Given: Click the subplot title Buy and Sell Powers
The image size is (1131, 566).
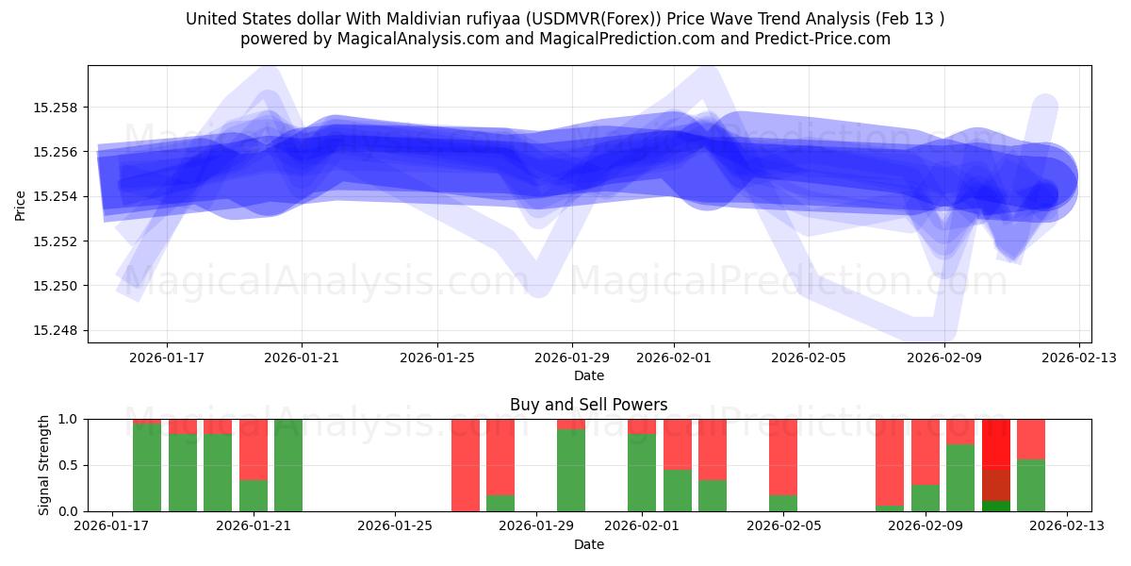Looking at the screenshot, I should click(x=588, y=405).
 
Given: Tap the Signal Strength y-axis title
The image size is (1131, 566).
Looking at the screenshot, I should click(x=44, y=465).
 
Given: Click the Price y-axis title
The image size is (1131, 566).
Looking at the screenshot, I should click(x=21, y=204).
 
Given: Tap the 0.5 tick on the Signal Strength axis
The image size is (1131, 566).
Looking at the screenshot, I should click(x=70, y=465).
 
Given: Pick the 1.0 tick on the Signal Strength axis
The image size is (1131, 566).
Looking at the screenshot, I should click(x=70, y=419).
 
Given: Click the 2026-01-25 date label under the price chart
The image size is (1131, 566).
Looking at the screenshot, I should click(x=437, y=358).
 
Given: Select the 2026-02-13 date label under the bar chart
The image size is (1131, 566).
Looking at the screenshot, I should click(x=1068, y=526).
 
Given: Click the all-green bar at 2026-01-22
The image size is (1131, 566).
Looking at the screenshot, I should click(x=288, y=465).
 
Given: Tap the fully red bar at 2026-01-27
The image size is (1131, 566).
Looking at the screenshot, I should click(x=466, y=465).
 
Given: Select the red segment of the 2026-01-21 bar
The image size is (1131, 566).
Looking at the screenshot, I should click(x=254, y=449).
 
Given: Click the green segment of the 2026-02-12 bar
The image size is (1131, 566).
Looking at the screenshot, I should click(x=1031, y=485).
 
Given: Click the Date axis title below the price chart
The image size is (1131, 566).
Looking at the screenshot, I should click(x=589, y=375).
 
